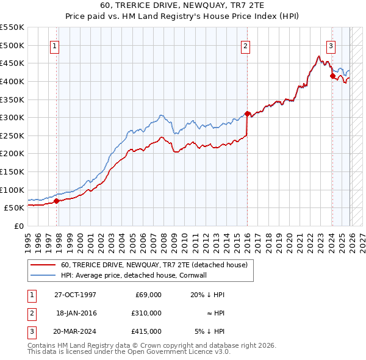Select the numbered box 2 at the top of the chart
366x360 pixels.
point(245,45)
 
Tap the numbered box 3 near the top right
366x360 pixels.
point(331,45)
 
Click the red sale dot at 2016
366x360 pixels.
point(247,113)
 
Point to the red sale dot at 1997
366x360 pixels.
point(57,201)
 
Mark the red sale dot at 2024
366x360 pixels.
point(332,76)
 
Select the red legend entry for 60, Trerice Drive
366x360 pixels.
point(154,265)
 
